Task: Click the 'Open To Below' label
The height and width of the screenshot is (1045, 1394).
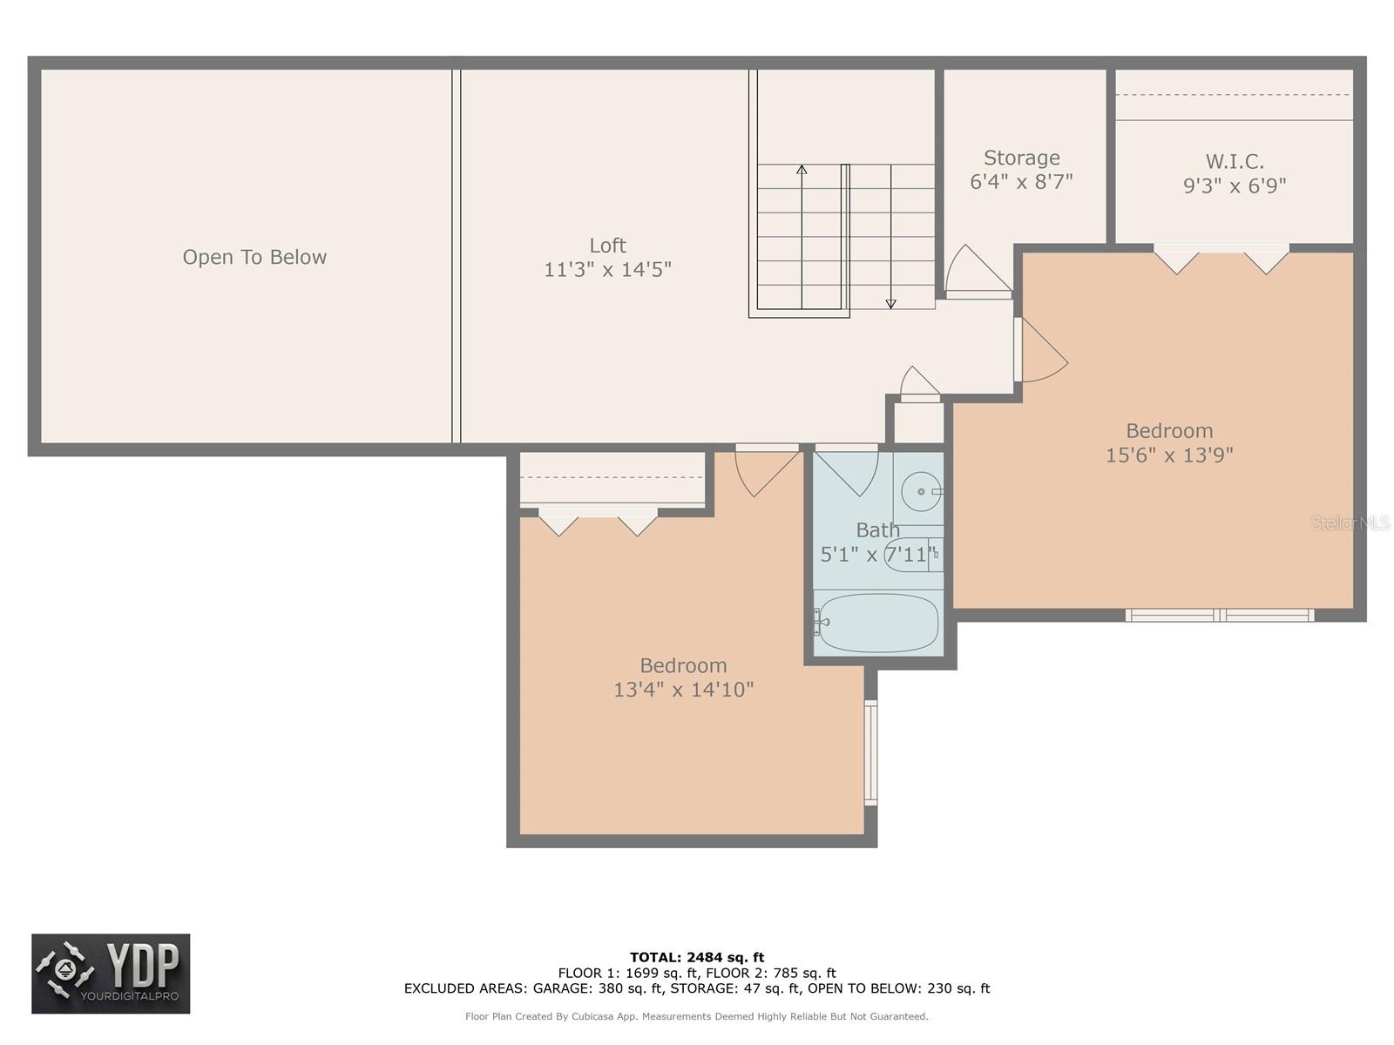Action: tap(254, 257)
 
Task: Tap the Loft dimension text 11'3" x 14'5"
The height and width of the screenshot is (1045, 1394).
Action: tap(607, 270)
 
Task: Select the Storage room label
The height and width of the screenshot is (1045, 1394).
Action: tap(1021, 158)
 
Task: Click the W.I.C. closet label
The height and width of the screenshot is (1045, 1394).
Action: tap(1235, 161)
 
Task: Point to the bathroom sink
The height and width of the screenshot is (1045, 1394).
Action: tap(920, 491)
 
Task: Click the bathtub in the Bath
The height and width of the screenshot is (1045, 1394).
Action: tap(878, 623)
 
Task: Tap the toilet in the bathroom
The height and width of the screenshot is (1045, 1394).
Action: tap(910, 555)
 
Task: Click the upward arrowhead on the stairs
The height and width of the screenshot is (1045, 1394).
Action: tap(802, 169)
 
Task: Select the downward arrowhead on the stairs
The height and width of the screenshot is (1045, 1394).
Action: tap(890, 303)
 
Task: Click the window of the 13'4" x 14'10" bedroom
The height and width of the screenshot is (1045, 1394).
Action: tap(870, 752)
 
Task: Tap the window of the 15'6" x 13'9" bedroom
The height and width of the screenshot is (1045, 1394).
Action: tap(1219, 616)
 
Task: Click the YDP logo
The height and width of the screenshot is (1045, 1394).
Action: tap(111, 974)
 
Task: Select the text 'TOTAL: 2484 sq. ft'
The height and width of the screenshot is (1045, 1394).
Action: tap(697, 957)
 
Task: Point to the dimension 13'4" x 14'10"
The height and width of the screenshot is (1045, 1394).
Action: tap(683, 690)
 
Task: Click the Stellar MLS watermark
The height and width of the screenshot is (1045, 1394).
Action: tap(1350, 522)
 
